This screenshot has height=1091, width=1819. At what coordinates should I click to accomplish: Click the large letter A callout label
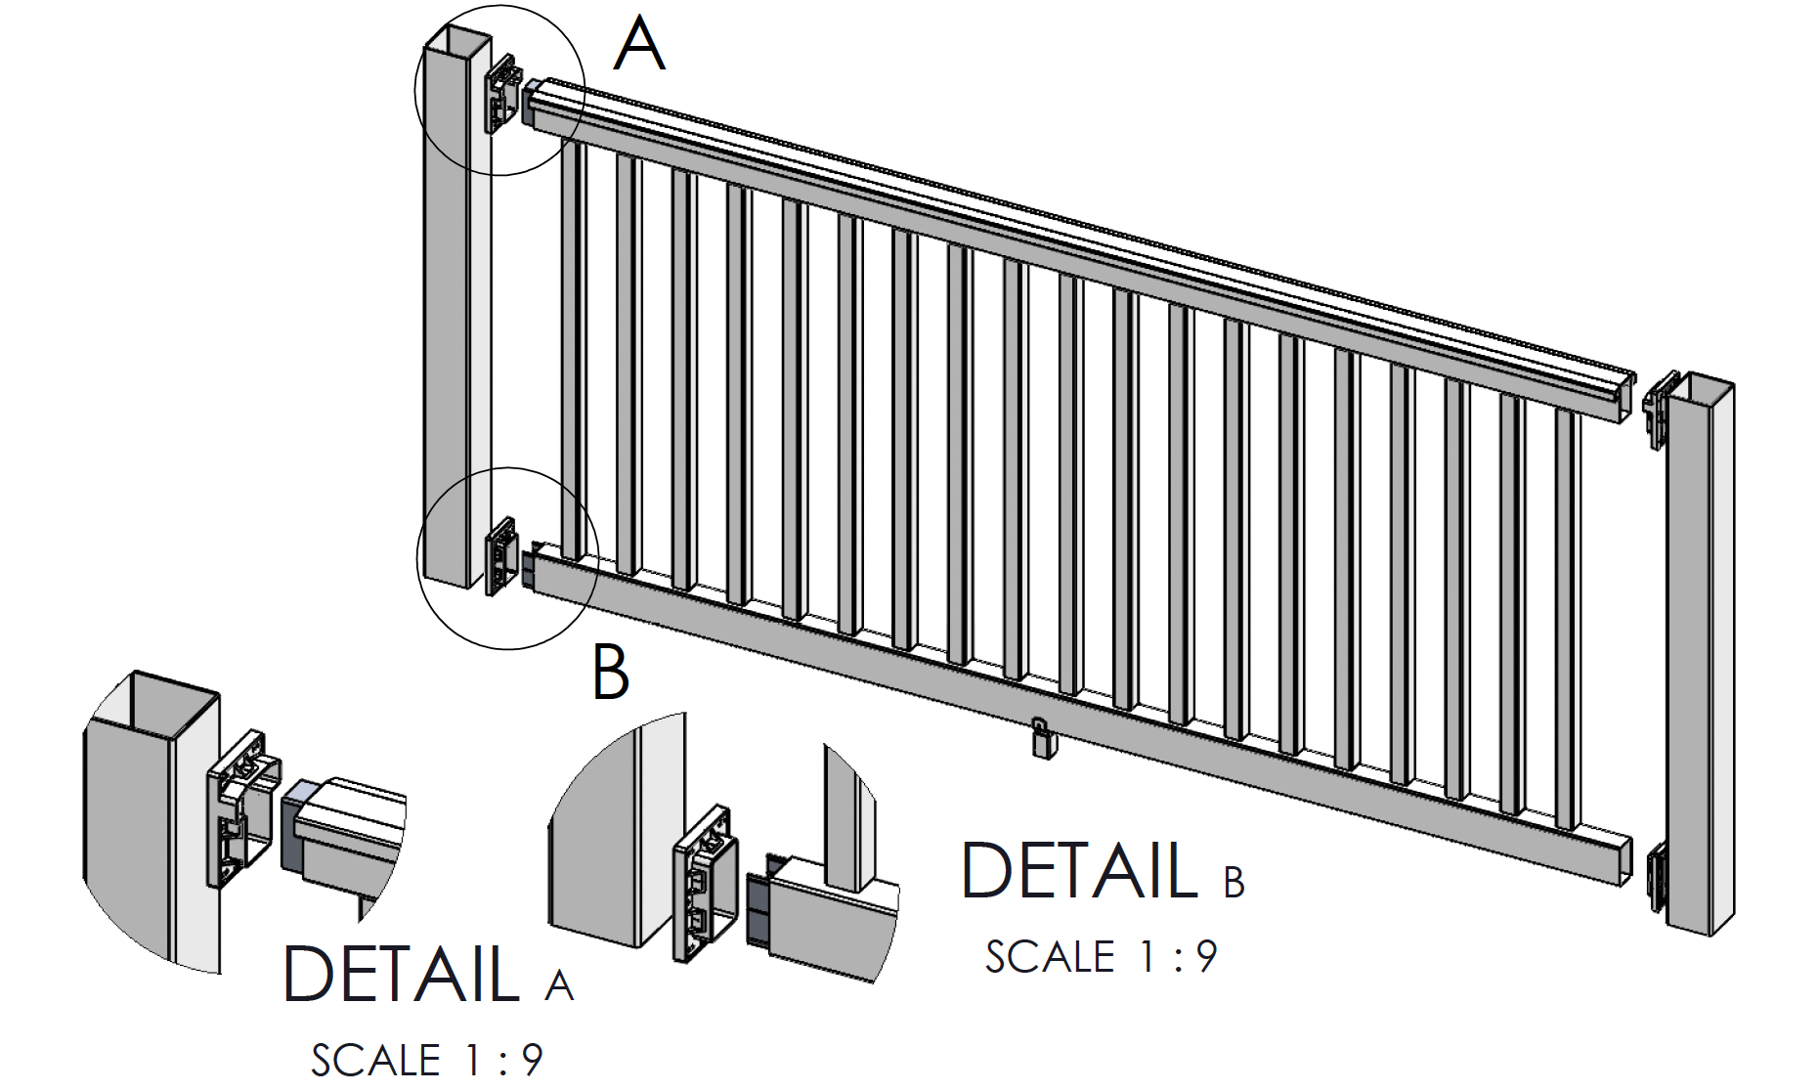point(640,47)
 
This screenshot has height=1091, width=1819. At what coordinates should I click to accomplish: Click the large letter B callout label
point(610,673)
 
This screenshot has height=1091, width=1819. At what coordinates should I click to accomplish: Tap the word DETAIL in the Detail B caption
point(1079,870)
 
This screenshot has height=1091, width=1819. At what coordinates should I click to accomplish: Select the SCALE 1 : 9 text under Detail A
point(426,1060)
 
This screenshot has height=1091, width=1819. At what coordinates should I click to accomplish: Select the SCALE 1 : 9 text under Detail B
point(1101,957)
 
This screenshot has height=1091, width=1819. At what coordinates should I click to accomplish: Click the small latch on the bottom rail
point(1041,739)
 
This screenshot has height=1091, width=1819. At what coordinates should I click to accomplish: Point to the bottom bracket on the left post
point(501,555)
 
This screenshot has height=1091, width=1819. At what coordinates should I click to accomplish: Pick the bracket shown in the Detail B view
point(701,885)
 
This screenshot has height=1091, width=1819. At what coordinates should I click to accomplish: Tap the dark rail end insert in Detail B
point(759,909)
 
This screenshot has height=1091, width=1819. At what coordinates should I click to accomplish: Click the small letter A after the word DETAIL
point(559,985)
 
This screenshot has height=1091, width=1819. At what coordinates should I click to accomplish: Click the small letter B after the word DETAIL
point(1234,883)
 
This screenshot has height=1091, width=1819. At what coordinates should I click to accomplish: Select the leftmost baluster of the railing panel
point(575,352)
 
